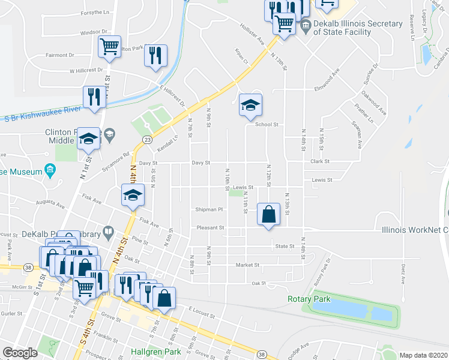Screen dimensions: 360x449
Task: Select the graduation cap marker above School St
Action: point(250,106)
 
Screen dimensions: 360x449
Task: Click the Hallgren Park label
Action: point(157,351)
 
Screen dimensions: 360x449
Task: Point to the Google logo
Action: point(20,353)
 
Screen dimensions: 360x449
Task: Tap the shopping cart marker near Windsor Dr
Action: point(110,46)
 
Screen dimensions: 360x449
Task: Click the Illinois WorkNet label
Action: point(415,229)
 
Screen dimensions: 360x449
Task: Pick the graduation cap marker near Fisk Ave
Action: point(133,194)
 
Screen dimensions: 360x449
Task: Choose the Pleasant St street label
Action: point(210,228)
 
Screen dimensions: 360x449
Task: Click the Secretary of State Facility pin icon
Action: point(305,24)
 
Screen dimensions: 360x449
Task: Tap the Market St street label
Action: point(247,265)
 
